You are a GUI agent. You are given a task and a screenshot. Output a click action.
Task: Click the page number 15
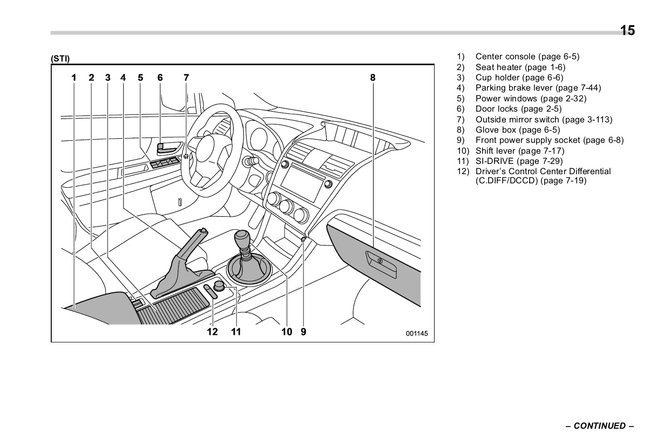coord(627,31)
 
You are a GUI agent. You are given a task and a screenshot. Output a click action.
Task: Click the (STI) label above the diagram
coord(60,58)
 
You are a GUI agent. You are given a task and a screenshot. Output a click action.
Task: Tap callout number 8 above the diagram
coord(373,78)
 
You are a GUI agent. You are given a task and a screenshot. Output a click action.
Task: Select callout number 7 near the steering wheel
coord(186,78)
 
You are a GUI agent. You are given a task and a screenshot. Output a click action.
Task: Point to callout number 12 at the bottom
coord(213,332)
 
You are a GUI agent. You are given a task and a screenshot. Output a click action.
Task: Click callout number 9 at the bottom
coord(303,332)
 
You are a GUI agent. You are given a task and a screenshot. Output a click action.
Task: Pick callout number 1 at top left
coord(75,78)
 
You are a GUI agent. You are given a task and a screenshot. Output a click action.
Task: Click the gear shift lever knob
coord(242,238)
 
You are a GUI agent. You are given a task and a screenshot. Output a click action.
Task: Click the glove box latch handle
coord(381,262)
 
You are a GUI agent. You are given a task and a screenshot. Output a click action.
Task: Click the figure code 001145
coord(417,334)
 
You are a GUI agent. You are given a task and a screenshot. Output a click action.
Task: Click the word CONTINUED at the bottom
coord(599,426)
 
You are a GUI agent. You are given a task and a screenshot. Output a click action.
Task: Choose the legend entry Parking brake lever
coord(538,88)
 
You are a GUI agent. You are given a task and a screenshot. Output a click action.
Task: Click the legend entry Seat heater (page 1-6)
coord(520,67)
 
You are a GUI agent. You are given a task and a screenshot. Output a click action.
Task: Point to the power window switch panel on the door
coord(166,162)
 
